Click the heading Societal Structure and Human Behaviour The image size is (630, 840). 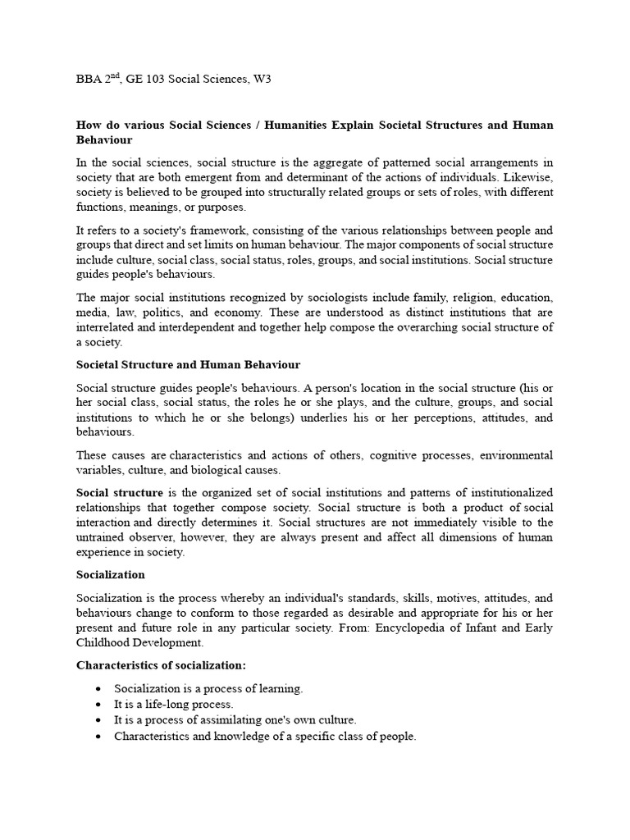[x=188, y=364]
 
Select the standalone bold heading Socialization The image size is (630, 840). [x=110, y=575]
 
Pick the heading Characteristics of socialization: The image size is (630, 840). [x=161, y=665]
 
